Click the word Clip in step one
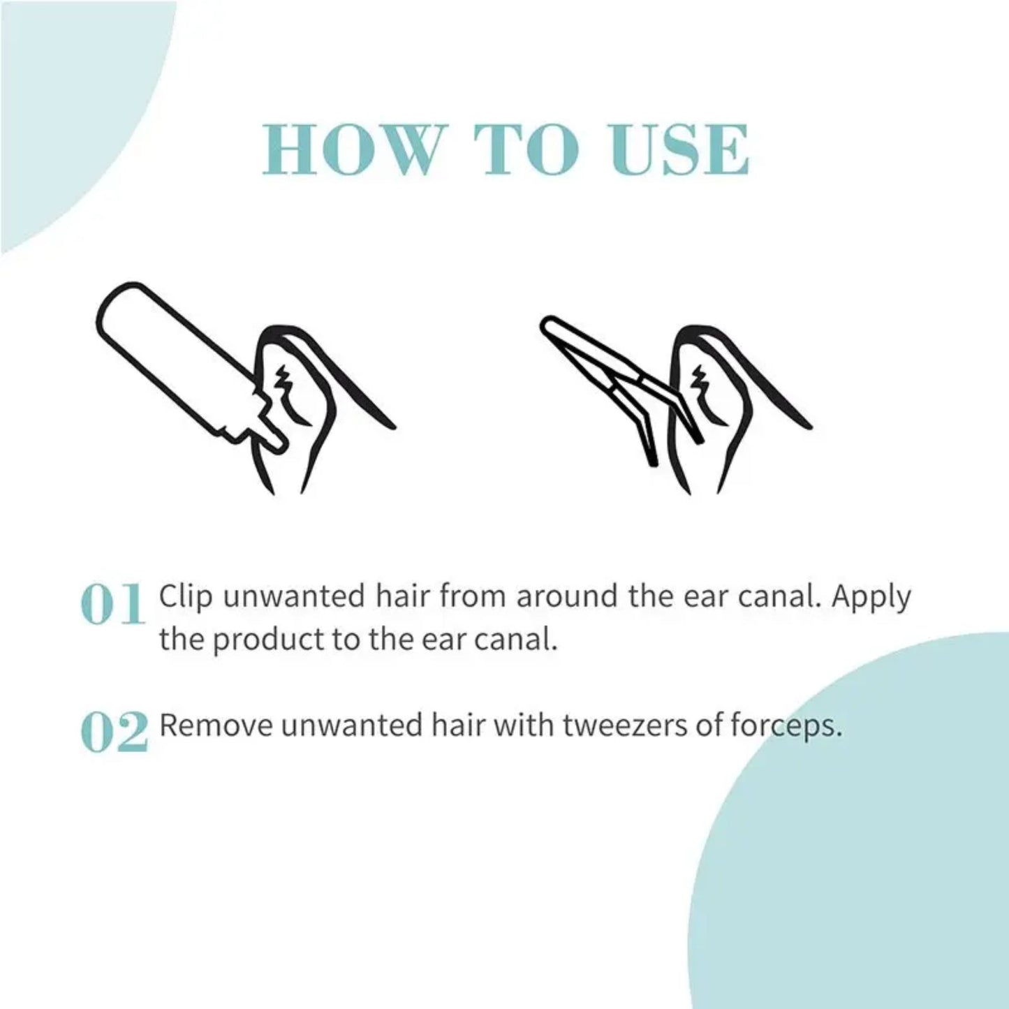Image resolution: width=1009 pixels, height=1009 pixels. (185, 598)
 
